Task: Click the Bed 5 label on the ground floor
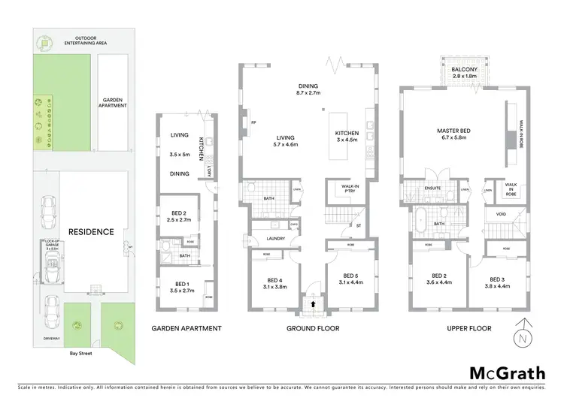[x=347, y=277]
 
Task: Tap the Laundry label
[x=264, y=240]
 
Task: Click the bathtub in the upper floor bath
[x=420, y=222]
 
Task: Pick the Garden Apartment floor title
[x=186, y=329]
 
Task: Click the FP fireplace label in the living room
[x=253, y=122]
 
